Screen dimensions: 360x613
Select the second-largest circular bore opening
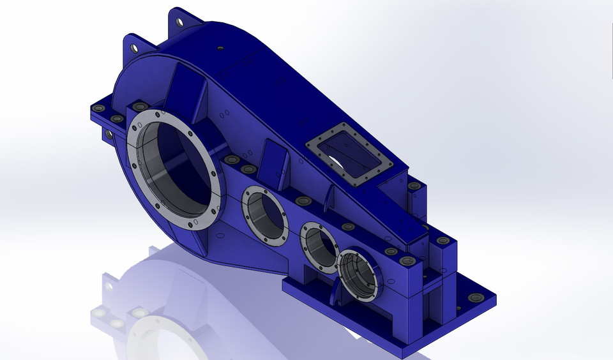point(265,214)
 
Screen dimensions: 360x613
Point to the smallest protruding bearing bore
point(360,276)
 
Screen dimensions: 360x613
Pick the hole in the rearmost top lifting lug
point(179,22)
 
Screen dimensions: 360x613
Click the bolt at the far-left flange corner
point(98,109)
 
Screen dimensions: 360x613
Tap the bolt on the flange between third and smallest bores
point(348,227)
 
